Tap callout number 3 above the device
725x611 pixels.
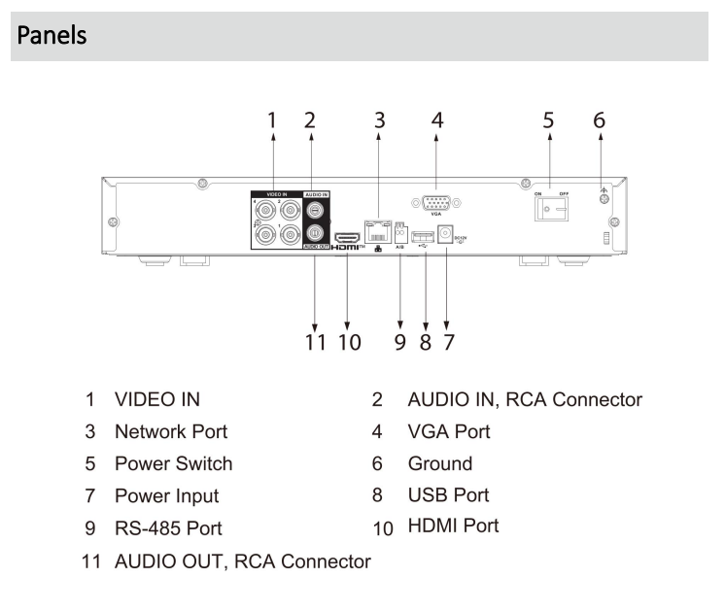(x=380, y=120)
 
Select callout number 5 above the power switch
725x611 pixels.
(x=549, y=120)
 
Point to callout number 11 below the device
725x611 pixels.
(x=316, y=342)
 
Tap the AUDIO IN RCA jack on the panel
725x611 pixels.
(x=315, y=210)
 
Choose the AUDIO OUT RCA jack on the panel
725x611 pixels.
(x=315, y=233)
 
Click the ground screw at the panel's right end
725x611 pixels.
(x=603, y=199)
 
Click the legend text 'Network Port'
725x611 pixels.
(x=172, y=430)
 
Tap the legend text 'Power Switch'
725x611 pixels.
(x=174, y=463)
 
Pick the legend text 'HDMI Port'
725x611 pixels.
(x=454, y=526)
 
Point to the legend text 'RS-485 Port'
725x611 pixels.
(x=168, y=528)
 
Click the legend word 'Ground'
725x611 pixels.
(x=440, y=463)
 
